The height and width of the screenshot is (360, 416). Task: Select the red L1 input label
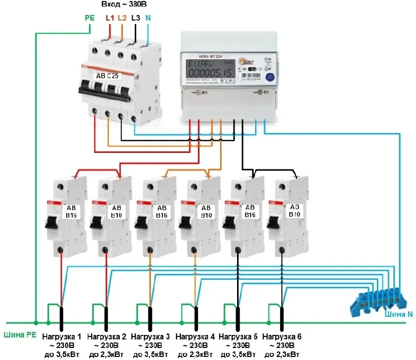coord(110,18)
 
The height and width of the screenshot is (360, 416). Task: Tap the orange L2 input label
coord(122,18)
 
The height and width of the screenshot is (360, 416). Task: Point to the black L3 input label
coord(135,18)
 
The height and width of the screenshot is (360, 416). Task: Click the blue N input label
coord(148,18)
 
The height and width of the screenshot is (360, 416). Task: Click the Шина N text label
coord(399,314)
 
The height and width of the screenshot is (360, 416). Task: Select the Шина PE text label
coord(19,335)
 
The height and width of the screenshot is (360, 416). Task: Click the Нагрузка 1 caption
coord(62,336)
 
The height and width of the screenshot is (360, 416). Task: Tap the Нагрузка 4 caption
coord(195,336)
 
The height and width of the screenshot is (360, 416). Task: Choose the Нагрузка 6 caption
coord(282,336)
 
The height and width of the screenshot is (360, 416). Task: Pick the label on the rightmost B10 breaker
coord(294,210)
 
